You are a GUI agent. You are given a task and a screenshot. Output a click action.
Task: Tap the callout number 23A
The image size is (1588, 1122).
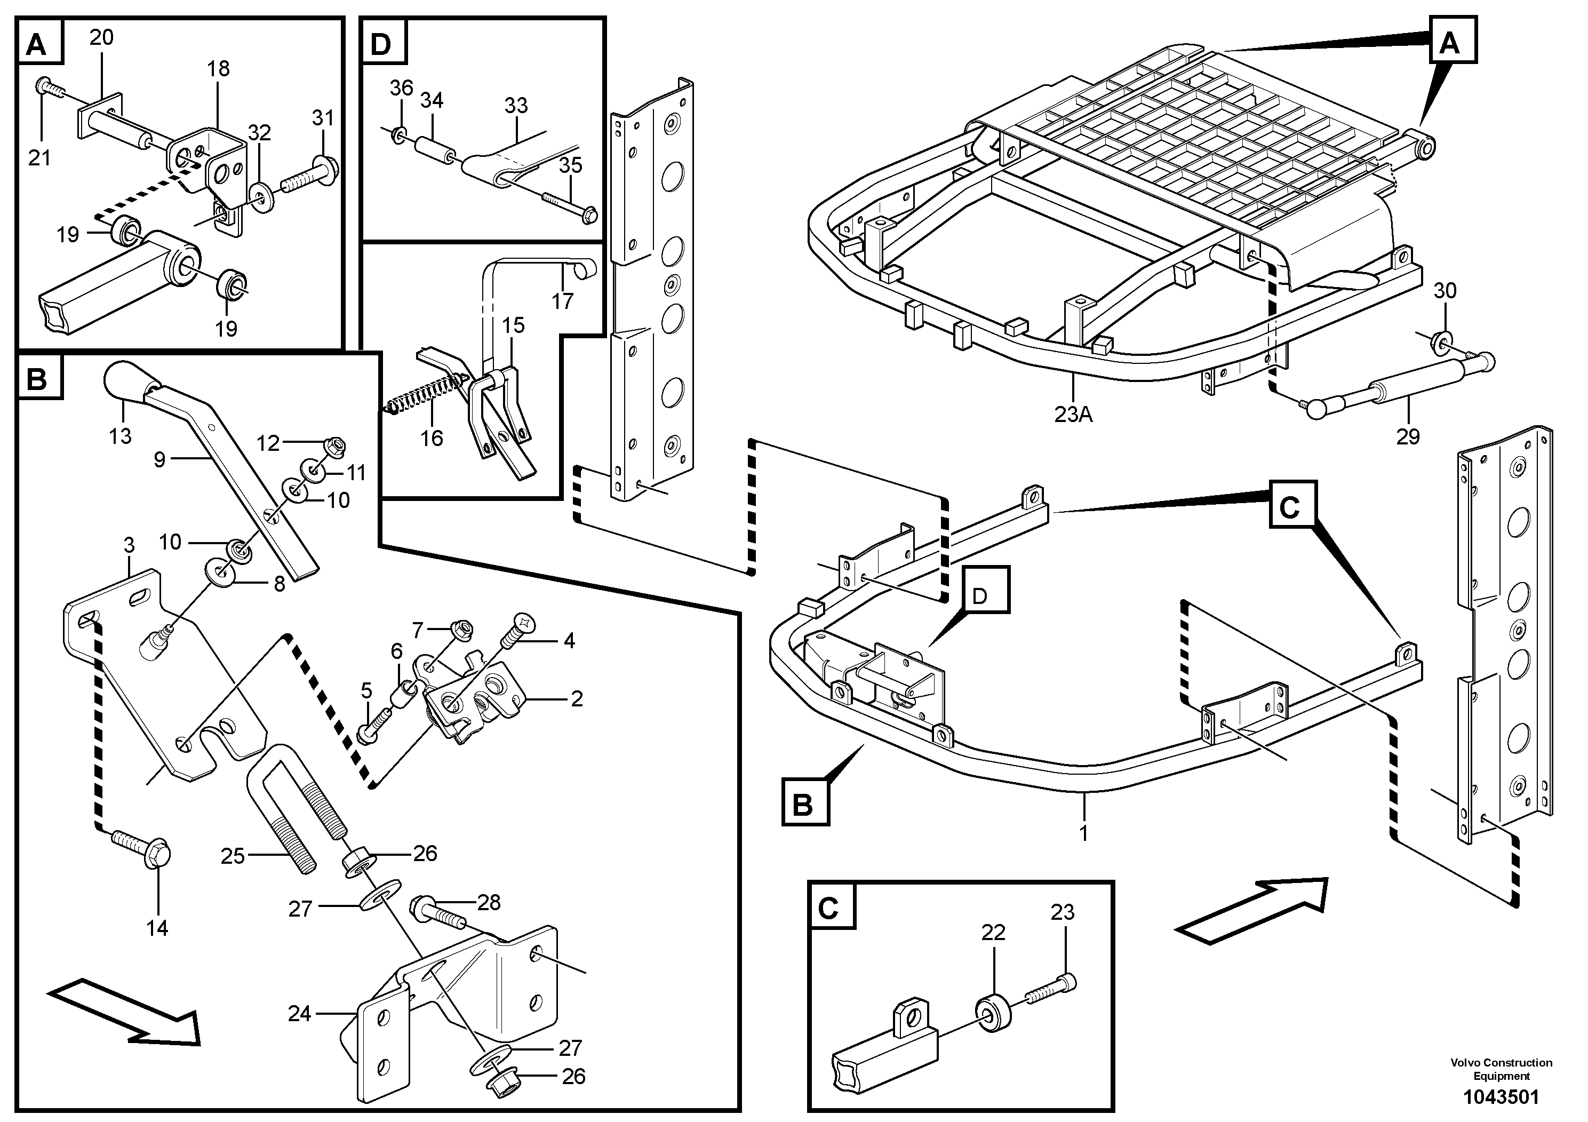1073,415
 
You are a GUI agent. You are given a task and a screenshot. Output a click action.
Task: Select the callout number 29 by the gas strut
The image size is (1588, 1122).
1408,436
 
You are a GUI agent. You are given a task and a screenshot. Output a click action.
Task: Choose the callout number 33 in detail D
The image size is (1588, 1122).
516,105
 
